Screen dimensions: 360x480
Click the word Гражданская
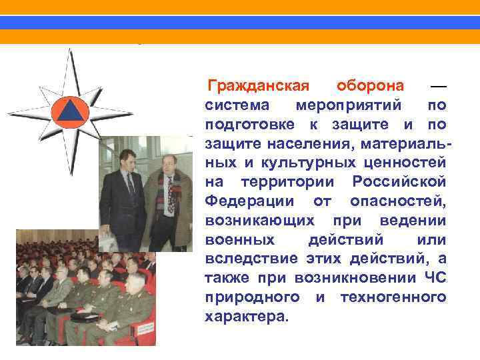[259, 86]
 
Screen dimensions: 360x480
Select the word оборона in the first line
[370, 86]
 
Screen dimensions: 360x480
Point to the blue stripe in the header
[240, 23]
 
